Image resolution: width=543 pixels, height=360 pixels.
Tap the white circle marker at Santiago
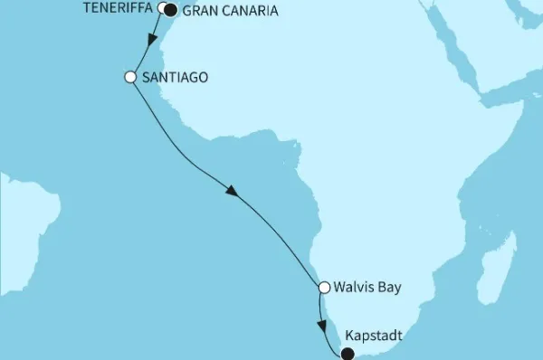(x=129, y=77)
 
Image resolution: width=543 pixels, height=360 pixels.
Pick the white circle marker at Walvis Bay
(x=324, y=289)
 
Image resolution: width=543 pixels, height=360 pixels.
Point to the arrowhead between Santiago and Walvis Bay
(x=233, y=192)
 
